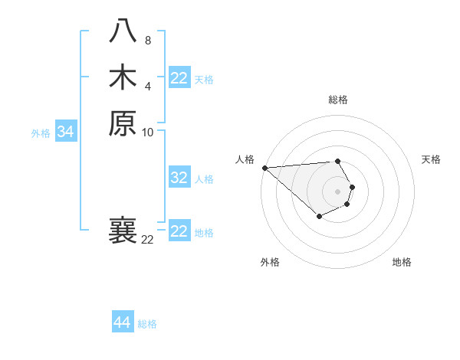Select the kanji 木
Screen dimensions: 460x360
(x=123, y=77)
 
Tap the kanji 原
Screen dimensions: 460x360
(x=123, y=123)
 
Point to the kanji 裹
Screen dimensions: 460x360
(x=123, y=231)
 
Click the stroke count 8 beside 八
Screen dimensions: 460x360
(x=147, y=40)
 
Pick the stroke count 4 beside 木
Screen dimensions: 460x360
(x=147, y=85)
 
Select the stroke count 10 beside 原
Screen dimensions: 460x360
(x=148, y=132)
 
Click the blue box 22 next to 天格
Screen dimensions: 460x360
(x=179, y=78)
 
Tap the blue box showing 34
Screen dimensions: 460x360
(x=66, y=132)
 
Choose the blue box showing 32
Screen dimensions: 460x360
(x=179, y=178)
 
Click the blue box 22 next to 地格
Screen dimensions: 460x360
(x=179, y=231)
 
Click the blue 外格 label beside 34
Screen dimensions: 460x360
(x=41, y=133)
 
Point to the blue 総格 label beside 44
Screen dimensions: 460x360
(x=147, y=324)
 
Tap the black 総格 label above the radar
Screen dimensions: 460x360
(x=337, y=100)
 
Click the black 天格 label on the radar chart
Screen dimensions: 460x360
(x=431, y=159)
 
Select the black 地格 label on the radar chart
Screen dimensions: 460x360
(x=402, y=262)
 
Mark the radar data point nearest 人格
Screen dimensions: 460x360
(x=264, y=168)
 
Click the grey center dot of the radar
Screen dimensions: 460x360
(x=337, y=191)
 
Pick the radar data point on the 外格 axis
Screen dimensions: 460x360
(x=319, y=218)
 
